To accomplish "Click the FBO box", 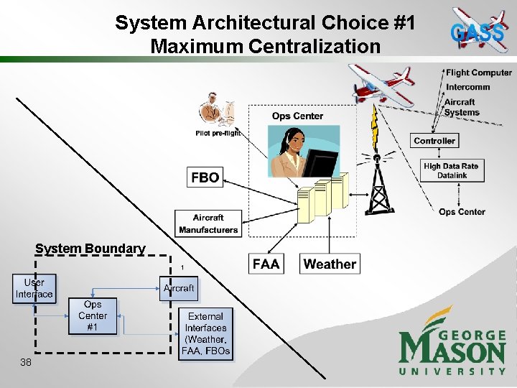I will pos(205,177).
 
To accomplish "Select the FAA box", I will pos(266,264).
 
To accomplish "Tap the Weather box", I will pos(330,264).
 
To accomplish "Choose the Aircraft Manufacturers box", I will pos(208,223).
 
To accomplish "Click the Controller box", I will pos(434,141).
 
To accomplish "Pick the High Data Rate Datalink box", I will pos(451,170).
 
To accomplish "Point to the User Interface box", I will pos(34,288).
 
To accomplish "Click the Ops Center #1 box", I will pos(93,315).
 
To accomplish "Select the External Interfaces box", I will pos(206,333).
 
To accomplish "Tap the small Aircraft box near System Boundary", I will pos(179,288).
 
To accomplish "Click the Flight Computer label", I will pos(479,73).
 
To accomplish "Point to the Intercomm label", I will pos(468,87).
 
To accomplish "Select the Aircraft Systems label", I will pos(461,107).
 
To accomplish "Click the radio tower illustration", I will pos(377,184).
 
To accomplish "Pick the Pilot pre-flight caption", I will pos(218,133).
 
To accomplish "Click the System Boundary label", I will pos(90,249).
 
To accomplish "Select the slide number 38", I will pos(26,363).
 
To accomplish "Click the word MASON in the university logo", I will pos(452,351).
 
